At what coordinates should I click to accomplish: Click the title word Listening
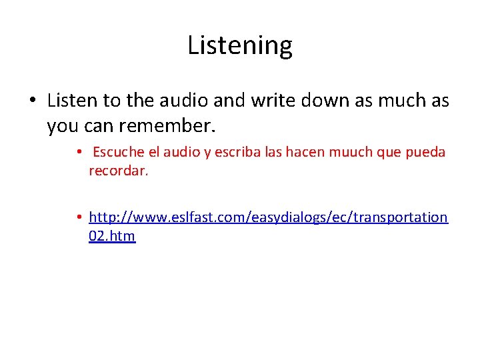click(x=240, y=45)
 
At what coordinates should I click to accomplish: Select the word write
click(x=273, y=101)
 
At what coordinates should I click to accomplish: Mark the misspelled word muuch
click(x=347, y=152)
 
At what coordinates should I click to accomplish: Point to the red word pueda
click(x=425, y=152)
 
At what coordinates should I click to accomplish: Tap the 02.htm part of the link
click(x=111, y=235)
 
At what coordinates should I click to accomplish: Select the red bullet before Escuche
click(x=79, y=152)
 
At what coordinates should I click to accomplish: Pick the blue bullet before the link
click(x=79, y=217)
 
